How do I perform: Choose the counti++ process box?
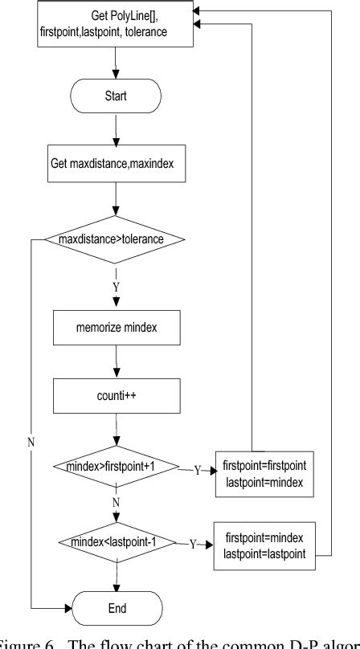118,397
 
